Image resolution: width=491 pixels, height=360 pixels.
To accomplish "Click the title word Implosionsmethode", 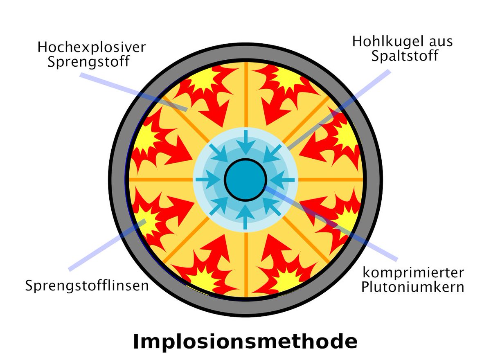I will click(245, 342).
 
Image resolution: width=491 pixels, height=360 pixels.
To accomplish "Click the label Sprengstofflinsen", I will click(87, 285).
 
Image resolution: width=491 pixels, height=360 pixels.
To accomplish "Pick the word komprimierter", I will click(413, 273).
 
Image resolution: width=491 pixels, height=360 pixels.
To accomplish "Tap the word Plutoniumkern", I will click(412, 287).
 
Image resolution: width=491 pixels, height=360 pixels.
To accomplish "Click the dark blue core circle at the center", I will click(245, 179).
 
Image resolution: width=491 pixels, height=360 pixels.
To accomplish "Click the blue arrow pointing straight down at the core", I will click(245, 141).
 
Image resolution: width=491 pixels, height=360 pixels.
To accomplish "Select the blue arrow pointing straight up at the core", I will click(245, 217).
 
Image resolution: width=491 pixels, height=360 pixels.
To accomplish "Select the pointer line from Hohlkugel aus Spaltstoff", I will click(348, 102).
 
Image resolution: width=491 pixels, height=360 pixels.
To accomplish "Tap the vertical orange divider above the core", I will click(245, 94).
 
